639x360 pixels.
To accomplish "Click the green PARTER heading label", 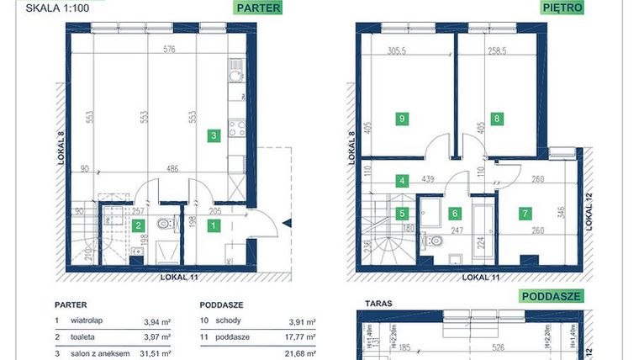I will tap(257, 8).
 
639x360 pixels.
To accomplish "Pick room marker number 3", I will tap(214, 135).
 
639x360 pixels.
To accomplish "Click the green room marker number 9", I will tap(403, 119).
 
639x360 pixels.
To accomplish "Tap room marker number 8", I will tap(497, 119).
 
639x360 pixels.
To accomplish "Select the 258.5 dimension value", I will tap(498, 50).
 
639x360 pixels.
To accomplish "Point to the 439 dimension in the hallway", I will tap(427, 178).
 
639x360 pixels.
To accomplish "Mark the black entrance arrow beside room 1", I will tap(287, 224).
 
